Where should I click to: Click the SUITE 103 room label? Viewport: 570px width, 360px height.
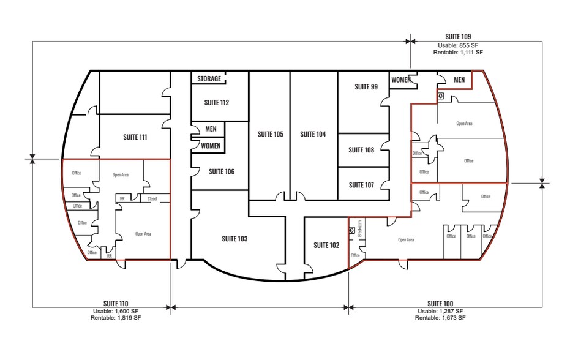tap(234, 239)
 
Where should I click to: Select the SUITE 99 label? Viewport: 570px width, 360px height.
tap(366, 87)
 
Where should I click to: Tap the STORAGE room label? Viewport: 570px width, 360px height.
tap(209, 79)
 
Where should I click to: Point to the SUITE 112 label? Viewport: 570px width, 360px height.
tap(216, 102)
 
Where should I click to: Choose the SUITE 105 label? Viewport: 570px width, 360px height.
tap(270, 133)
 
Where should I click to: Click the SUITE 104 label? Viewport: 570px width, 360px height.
tap(312, 133)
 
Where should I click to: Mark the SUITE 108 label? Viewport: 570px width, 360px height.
tap(361, 150)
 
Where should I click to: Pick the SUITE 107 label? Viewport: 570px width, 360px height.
tap(361, 185)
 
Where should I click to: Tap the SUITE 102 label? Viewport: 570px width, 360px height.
tap(326, 245)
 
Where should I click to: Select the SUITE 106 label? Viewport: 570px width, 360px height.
tap(221, 171)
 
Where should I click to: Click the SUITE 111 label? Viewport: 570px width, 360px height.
tap(135, 137)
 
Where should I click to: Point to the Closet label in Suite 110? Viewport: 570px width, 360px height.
tap(152, 198)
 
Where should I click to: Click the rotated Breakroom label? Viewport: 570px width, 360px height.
tap(359, 228)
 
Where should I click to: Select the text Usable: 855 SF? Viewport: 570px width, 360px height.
tap(457, 45)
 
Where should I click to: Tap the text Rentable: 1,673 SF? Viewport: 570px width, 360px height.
tap(440, 318)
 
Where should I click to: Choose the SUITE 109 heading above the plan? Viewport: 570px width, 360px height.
tap(457, 37)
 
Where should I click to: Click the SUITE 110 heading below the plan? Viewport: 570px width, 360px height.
tap(116, 304)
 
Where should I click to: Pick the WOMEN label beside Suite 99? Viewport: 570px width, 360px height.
tap(401, 80)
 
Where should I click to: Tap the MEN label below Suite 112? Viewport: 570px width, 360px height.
tap(210, 129)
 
